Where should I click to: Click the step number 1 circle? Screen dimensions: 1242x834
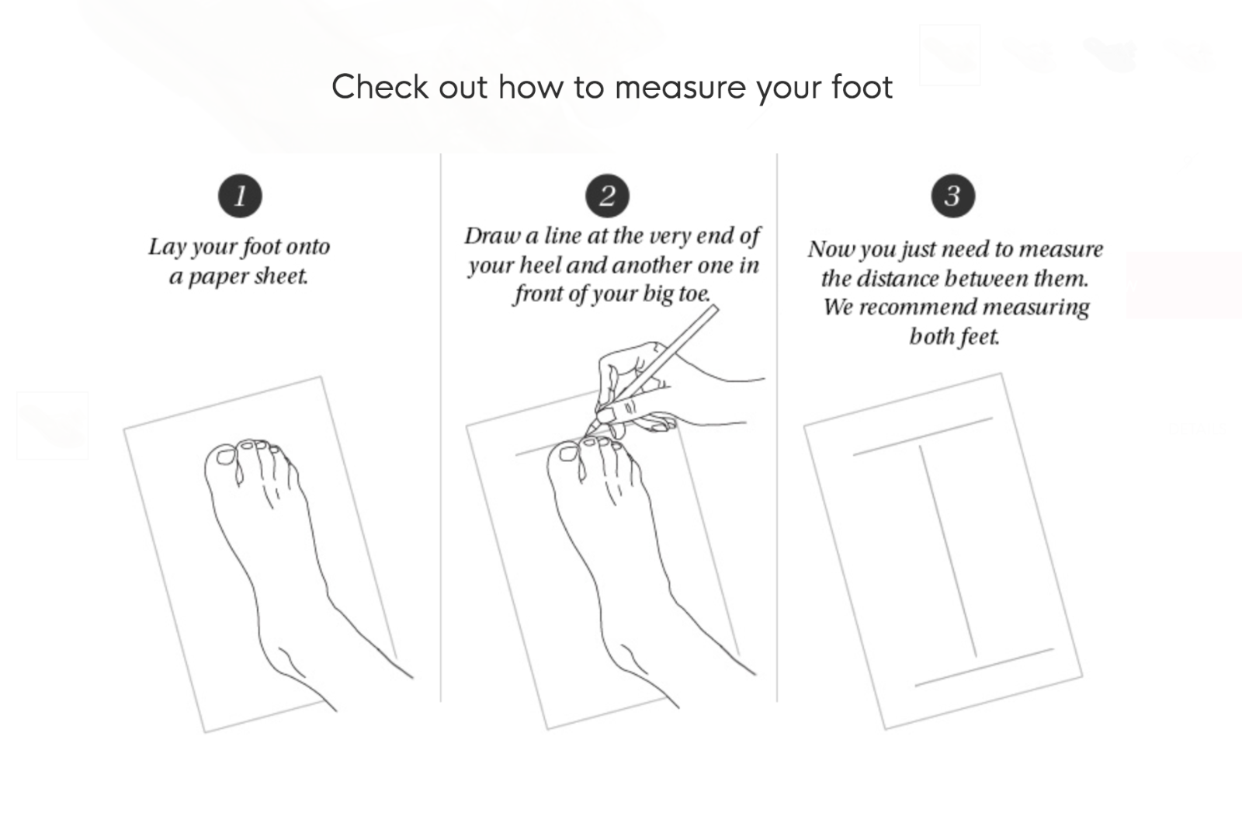point(240,196)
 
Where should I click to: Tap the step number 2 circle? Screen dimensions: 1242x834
point(608,196)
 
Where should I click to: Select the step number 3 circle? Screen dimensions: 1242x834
point(953,196)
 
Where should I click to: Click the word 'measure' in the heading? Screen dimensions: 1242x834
point(680,88)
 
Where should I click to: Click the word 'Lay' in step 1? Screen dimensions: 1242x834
point(168,247)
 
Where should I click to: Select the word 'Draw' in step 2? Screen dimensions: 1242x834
point(492,235)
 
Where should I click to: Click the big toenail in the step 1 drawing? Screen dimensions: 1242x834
point(225,457)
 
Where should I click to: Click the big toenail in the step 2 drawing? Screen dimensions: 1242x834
point(567,453)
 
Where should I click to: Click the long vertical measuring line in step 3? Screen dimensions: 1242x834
point(948,552)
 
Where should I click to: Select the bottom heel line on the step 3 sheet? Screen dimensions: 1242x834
point(984,667)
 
